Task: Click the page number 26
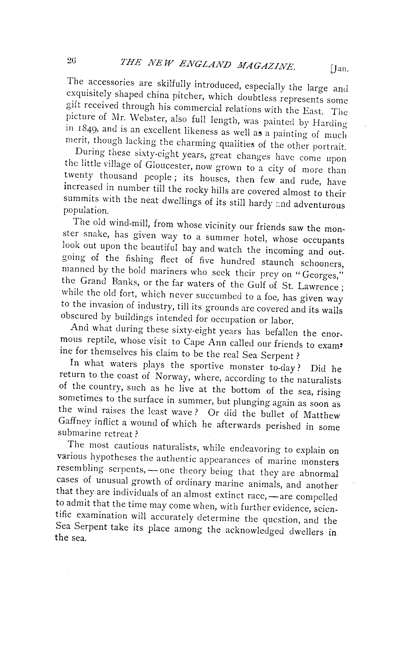click(x=72, y=61)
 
